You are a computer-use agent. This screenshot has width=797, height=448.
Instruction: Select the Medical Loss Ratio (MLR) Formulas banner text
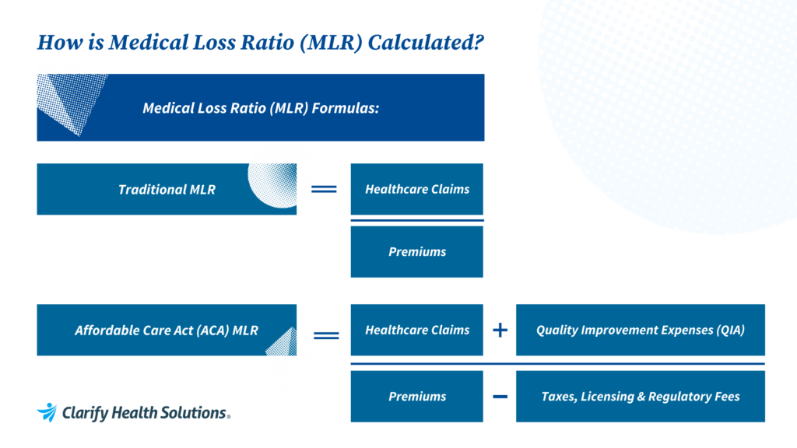[x=261, y=108]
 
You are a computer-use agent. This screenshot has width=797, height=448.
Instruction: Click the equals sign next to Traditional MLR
[x=324, y=189]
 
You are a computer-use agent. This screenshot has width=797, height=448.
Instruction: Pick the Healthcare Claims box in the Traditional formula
[x=417, y=189]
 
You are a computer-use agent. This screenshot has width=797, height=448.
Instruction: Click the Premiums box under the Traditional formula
[x=417, y=251]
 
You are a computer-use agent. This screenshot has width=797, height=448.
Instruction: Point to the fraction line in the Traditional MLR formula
[x=417, y=220]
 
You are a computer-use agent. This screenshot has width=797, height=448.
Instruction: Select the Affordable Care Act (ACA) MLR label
[x=167, y=330]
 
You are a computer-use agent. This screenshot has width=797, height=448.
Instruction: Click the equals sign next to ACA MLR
[x=325, y=335]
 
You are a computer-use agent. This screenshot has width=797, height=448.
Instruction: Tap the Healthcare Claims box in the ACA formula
[x=417, y=330]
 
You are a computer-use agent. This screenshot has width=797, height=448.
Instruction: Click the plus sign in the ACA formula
[x=500, y=330]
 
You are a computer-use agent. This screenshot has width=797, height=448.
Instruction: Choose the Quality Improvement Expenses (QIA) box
[x=640, y=330]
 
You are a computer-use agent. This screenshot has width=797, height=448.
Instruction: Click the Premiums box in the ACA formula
[x=417, y=396]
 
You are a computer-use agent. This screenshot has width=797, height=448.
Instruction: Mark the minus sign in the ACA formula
[x=500, y=396]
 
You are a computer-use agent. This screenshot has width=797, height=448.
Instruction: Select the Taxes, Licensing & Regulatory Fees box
[x=640, y=396]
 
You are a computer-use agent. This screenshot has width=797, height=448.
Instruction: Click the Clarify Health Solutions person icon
[x=47, y=411]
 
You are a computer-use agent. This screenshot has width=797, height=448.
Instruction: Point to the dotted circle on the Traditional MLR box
[x=273, y=185]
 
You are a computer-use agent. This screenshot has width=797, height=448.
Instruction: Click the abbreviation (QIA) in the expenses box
[x=729, y=330]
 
